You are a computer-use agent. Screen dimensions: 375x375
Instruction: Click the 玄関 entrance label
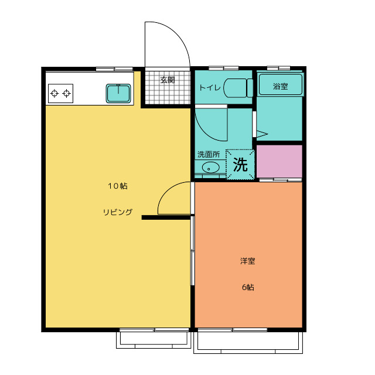click(168, 80)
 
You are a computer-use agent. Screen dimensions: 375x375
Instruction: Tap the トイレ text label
click(210, 88)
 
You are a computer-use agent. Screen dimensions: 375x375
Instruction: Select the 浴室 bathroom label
click(280, 86)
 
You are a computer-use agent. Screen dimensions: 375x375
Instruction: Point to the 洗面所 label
click(209, 155)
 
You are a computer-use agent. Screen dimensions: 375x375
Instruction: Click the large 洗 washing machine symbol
click(240, 165)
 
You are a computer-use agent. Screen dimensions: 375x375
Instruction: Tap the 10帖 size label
click(118, 186)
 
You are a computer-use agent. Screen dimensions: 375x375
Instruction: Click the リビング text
click(117, 212)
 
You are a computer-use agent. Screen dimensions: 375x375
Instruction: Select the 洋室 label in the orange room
click(247, 261)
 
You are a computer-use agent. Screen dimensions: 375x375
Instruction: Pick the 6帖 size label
click(248, 287)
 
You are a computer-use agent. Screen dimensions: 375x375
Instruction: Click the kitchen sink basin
click(118, 93)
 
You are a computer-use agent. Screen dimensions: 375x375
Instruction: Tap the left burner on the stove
click(54, 93)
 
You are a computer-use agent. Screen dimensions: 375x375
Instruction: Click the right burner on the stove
click(66, 93)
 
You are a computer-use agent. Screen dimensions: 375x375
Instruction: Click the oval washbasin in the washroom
click(210, 167)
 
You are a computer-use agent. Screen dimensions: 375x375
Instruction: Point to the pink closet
click(279, 161)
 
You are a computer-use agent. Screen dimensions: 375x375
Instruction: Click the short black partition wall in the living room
click(166, 217)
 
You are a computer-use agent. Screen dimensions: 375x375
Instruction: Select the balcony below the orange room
click(248, 342)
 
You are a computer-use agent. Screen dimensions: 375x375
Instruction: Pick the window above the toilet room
click(224, 69)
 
